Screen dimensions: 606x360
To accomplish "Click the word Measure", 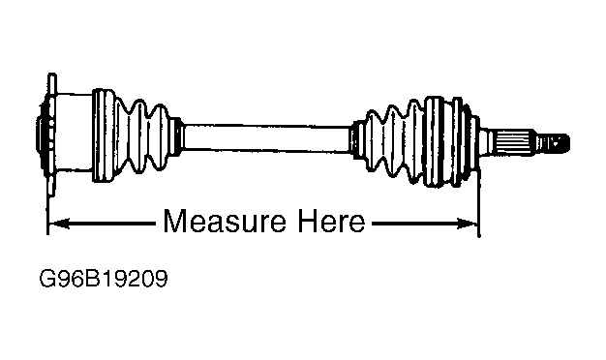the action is point(225,221).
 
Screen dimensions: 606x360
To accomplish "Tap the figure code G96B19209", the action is point(104,279).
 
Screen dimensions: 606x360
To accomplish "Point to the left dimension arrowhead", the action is point(59,224).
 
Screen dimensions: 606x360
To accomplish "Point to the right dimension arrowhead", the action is point(467,224).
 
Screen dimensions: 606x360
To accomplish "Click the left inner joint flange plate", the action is point(51,135).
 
